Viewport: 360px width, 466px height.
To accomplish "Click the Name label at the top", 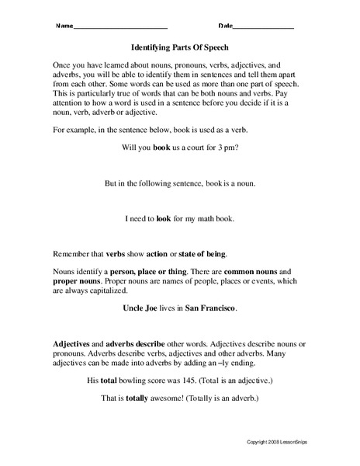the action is [x=64, y=26].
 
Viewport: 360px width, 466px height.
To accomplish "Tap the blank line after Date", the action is [x=263, y=26].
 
